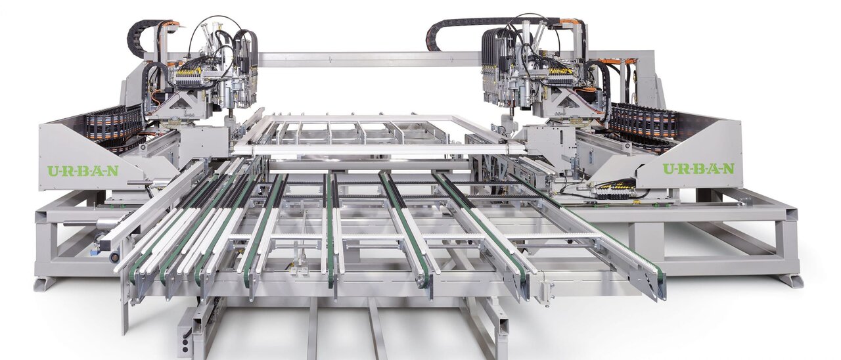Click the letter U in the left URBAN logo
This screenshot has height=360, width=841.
[53, 171]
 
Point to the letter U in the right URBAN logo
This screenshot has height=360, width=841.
[669, 169]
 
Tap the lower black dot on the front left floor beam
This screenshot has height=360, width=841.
[185, 349]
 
